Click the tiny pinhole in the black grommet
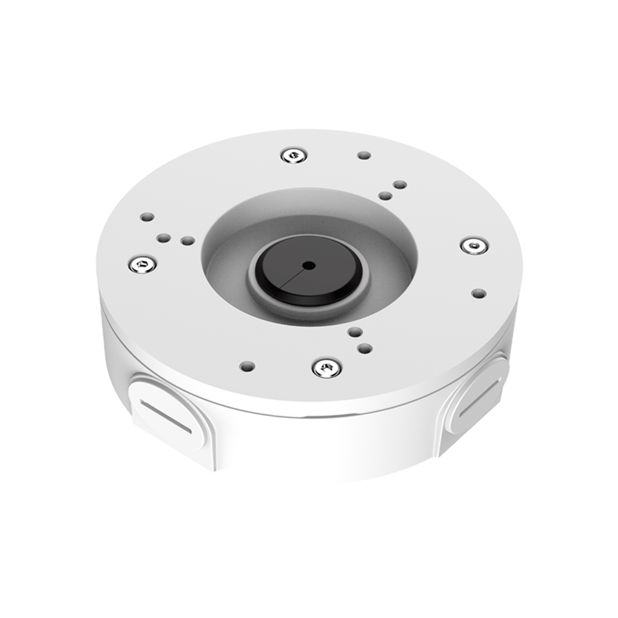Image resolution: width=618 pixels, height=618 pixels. tap(309, 265)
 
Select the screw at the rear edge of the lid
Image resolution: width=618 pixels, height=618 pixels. tap(294, 155)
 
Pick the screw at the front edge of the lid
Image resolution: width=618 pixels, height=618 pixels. tap(327, 367)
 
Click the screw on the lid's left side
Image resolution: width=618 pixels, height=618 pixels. tap(142, 263)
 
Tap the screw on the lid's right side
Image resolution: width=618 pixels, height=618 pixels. tap(474, 245)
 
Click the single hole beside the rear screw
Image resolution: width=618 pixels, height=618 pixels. tap(364, 155)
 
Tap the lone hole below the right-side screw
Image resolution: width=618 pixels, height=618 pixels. tap(479, 294)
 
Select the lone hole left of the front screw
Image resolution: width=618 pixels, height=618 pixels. tap(247, 366)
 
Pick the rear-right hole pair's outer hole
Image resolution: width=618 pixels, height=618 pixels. tap(399, 185)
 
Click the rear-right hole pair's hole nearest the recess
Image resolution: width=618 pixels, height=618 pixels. tap(384, 196)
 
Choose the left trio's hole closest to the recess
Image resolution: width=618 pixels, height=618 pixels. tap(188, 241)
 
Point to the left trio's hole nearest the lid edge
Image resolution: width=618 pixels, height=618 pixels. tap(147, 217)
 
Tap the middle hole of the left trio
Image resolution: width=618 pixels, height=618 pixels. tap(163, 238)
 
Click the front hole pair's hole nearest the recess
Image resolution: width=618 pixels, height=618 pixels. tap(355, 332)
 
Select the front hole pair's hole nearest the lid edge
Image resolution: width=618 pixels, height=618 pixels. tap(364, 348)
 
